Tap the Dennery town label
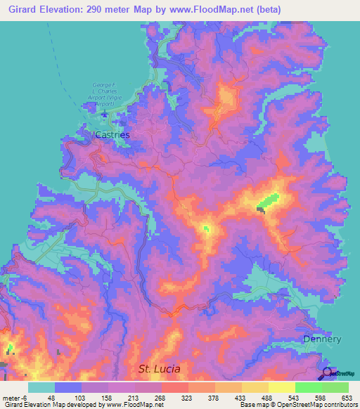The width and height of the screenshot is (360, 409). (321, 339)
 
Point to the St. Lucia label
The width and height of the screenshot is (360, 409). (159, 368)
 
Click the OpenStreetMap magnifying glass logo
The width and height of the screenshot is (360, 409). (328, 374)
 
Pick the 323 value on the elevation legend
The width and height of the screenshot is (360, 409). (174, 397)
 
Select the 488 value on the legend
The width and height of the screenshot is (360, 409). (255, 397)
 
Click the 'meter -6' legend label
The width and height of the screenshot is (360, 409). (13, 397)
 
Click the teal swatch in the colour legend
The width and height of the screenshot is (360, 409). (41, 387)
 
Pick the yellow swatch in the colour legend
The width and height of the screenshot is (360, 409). (281, 387)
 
